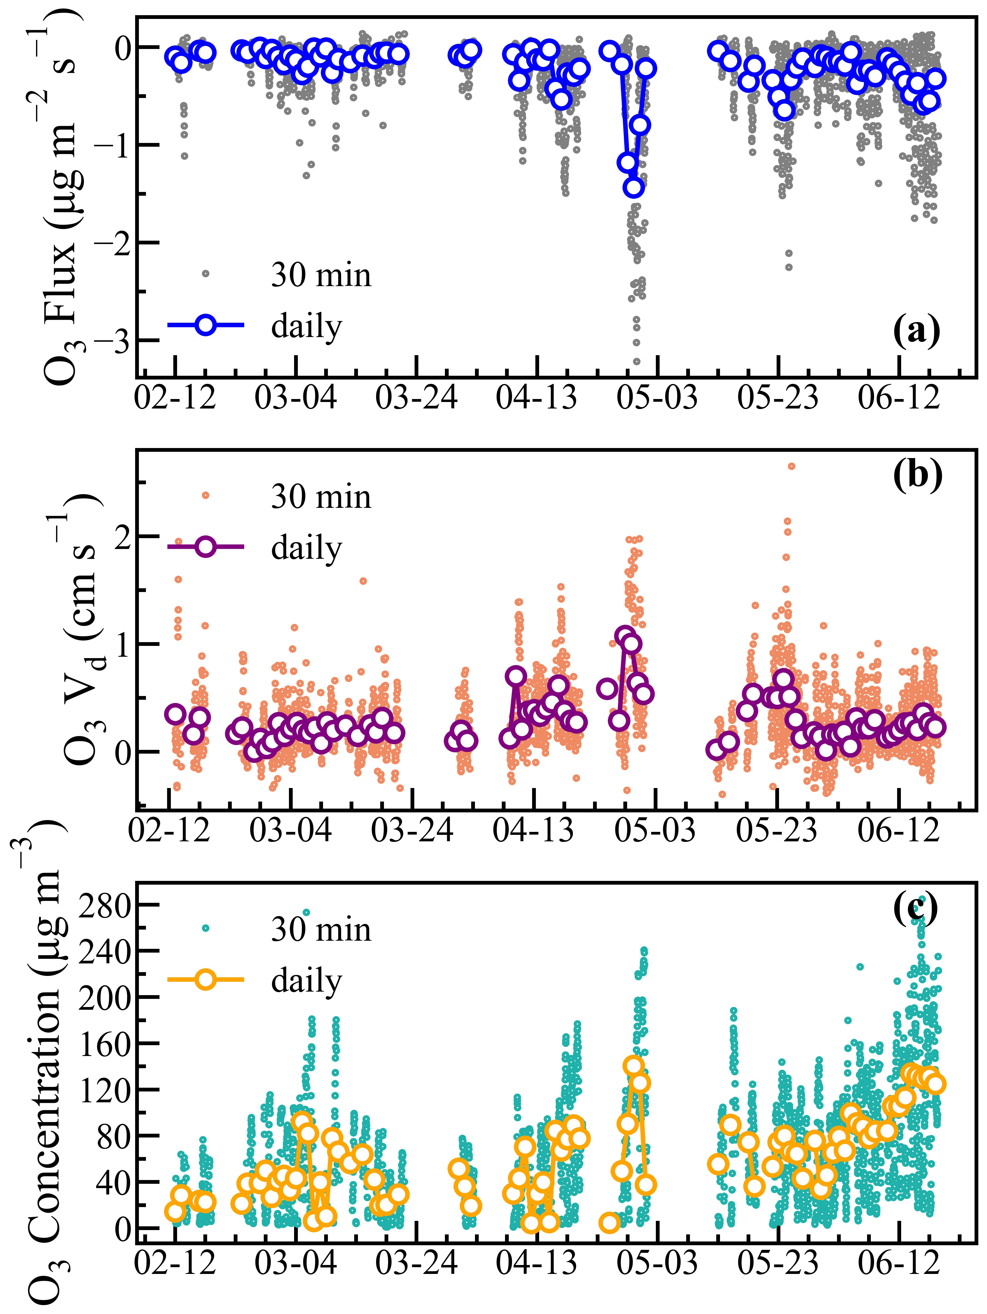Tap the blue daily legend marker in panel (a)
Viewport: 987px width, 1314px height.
(x=206, y=325)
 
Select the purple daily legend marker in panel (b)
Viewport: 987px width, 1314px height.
(x=206, y=547)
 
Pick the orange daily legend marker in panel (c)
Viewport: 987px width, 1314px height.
(x=206, y=980)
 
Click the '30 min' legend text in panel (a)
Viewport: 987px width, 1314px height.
(x=321, y=275)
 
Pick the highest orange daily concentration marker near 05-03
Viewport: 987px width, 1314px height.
(x=633, y=1065)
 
